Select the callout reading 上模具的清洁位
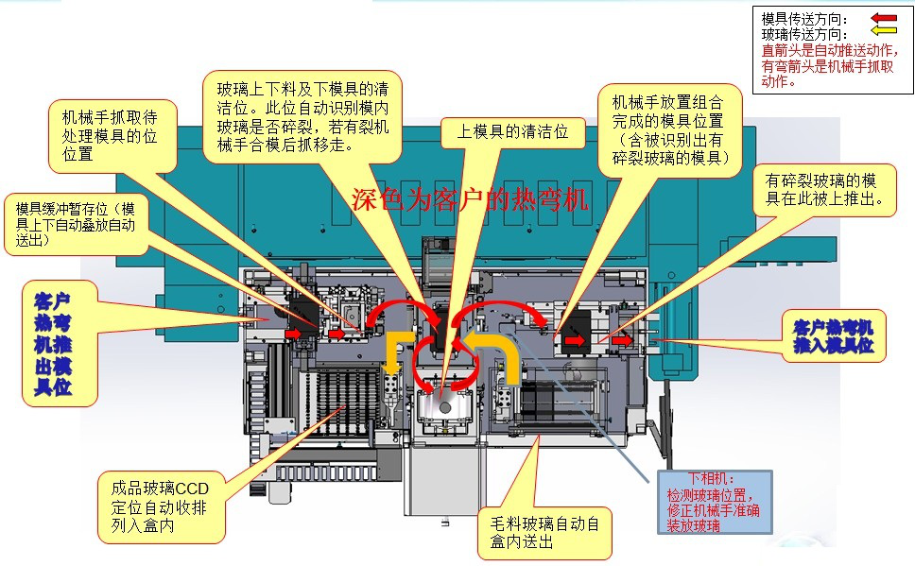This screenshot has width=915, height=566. coord(512,132)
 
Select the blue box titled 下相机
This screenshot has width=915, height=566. coord(714,497)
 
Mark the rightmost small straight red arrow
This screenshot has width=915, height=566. coord(620,337)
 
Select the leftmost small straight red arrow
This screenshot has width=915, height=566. coord(291,333)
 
